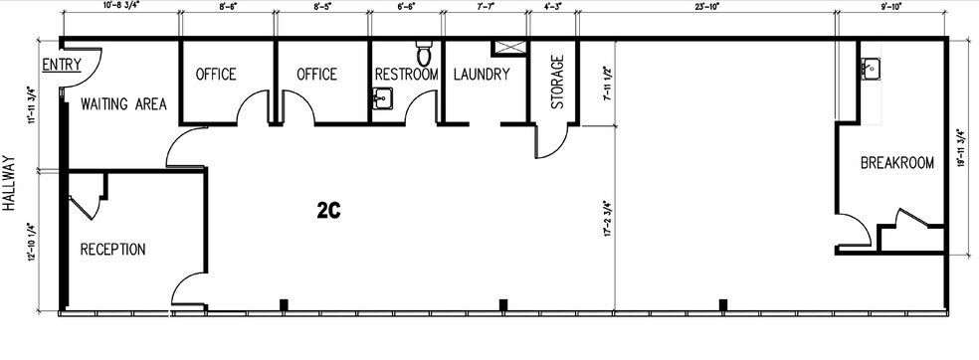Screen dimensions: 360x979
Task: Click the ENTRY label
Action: [x=61, y=65]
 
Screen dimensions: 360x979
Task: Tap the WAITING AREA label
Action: [x=123, y=104]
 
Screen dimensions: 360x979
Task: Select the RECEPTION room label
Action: [x=113, y=249]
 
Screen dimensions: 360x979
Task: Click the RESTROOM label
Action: [x=406, y=75]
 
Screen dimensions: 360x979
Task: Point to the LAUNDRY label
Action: [x=482, y=75]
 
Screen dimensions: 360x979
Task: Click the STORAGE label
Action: [x=557, y=82]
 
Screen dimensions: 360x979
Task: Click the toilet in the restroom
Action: [x=424, y=51]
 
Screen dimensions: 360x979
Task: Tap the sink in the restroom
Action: [x=383, y=97]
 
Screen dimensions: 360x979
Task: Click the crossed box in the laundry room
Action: [x=507, y=48]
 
